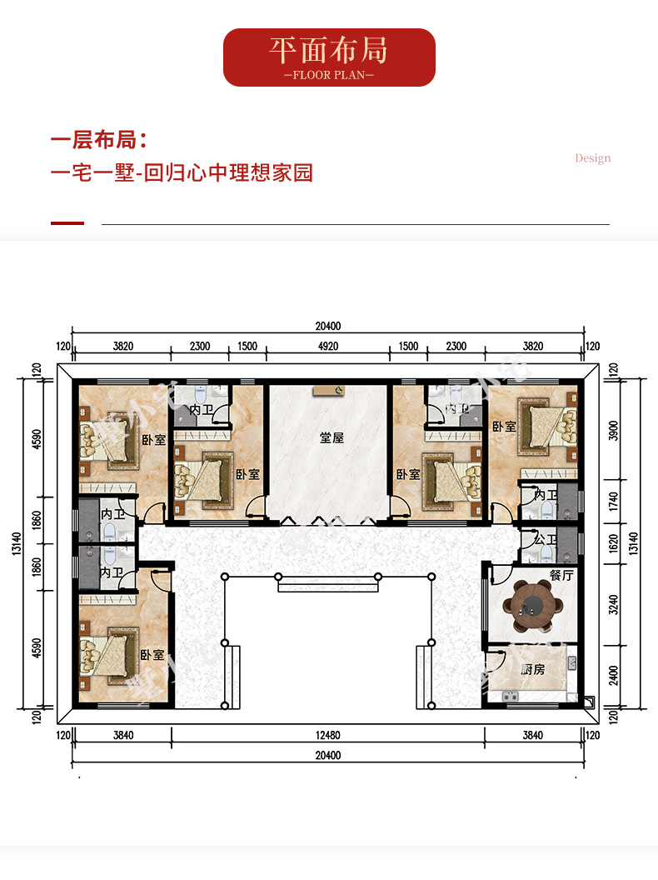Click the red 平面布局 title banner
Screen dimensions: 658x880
(x=329, y=57)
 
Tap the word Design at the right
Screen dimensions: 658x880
(x=592, y=158)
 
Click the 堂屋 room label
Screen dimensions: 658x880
(x=331, y=437)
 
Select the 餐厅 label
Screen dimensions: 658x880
(x=561, y=575)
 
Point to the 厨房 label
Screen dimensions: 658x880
(x=532, y=669)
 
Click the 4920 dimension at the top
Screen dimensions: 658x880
(x=328, y=347)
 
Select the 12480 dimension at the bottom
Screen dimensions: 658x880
(x=328, y=735)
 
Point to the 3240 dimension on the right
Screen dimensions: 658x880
(x=614, y=604)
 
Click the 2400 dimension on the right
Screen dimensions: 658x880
(x=614, y=675)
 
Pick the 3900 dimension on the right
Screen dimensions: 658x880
(x=614, y=431)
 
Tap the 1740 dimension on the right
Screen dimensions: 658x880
(x=614, y=501)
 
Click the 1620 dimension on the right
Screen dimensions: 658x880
(x=614, y=543)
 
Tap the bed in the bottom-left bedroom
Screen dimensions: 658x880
(x=109, y=655)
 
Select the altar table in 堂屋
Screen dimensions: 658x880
(x=329, y=391)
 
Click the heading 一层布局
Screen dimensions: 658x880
(x=99, y=140)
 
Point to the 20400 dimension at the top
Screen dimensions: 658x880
(x=328, y=326)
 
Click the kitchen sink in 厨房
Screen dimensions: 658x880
(x=511, y=697)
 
